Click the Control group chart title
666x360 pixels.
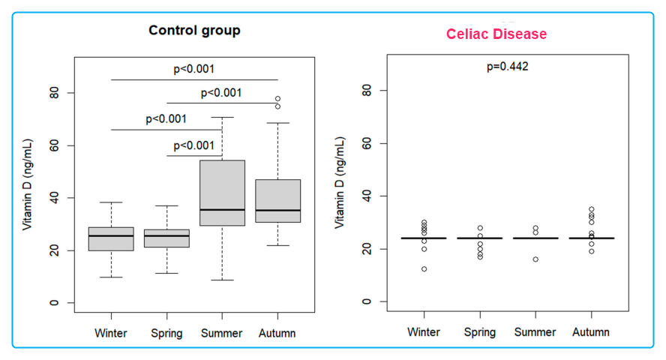tap(194, 31)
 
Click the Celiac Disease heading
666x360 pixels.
tap(496, 34)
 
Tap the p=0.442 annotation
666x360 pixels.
tap(508, 67)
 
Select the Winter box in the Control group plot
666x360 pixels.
tap(111, 238)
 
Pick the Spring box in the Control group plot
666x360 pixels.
tap(166, 238)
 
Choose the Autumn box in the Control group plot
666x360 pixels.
tap(277, 201)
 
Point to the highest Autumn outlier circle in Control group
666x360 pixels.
tap(277, 98)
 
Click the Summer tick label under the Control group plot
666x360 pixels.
tap(222, 333)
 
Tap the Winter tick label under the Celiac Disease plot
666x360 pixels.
tap(424, 331)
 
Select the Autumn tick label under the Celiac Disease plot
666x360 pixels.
tap(591, 331)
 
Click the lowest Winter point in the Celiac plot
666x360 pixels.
tap(424, 268)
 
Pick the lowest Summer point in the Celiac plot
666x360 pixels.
tap(535, 259)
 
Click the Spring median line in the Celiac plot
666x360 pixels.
tap(480, 238)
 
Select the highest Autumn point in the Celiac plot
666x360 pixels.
tap(591, 209)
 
